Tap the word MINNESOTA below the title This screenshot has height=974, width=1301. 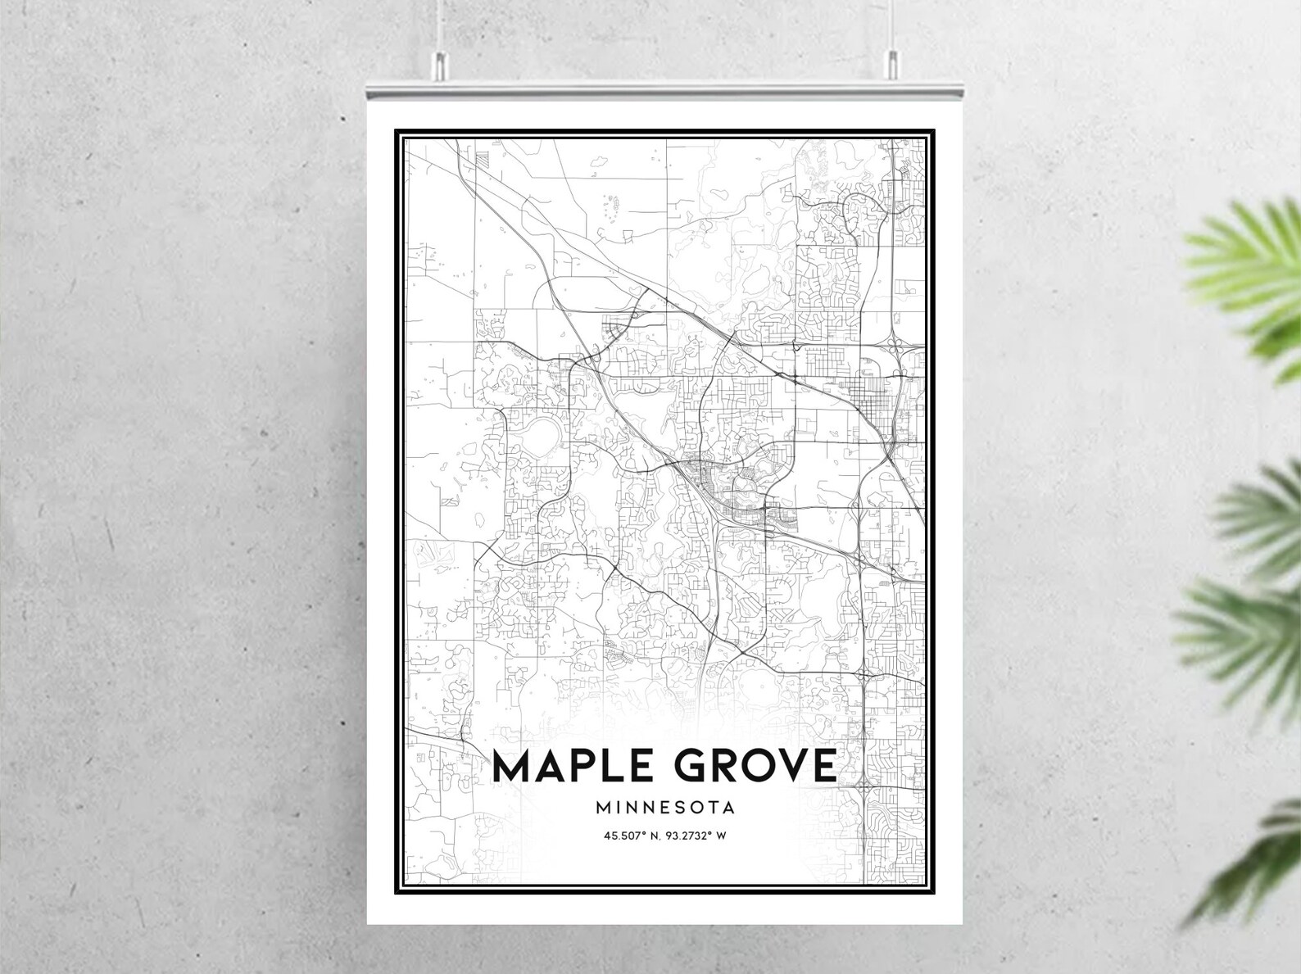tap(665, 807)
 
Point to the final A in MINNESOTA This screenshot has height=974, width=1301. tap(728, 807)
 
